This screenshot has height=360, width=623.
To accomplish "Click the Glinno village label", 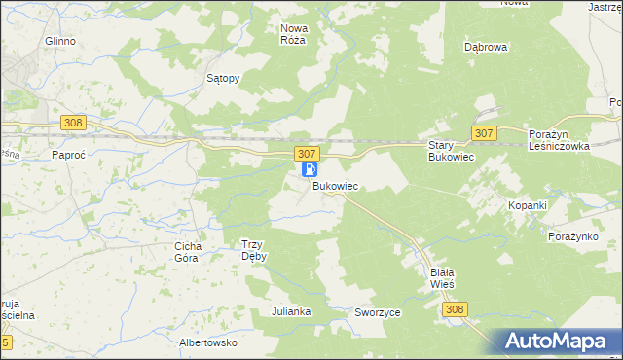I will tap(60, 42).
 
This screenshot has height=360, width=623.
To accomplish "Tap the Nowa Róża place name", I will tap(293, 35).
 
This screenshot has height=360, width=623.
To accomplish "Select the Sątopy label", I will tap(223, 78).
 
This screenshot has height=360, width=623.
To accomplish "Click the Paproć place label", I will tap(69, 154).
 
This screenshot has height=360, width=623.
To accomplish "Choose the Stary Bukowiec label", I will tap(451, 151).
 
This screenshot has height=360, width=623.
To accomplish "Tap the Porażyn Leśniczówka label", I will tap(560, 139).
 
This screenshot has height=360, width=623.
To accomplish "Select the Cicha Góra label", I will tap(187, 252).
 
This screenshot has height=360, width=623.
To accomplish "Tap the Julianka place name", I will tap(291, 311).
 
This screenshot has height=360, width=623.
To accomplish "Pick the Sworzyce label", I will tap(379, 312).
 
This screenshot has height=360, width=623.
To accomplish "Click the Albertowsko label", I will tap(208, 342).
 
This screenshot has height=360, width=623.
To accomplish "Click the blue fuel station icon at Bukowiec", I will tap(310, 169).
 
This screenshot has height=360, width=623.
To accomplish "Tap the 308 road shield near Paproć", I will tap(73, 123).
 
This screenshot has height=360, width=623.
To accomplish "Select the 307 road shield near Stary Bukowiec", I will tap(484, 131).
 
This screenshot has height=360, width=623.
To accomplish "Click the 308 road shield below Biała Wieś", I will tap(454, 308).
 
